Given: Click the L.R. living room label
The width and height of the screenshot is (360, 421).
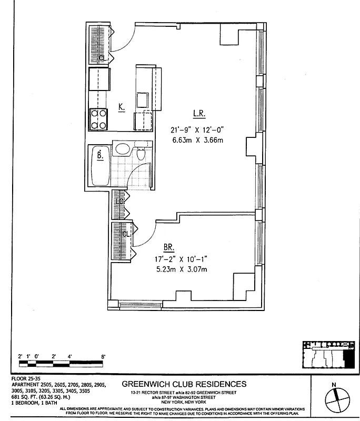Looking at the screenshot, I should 198,113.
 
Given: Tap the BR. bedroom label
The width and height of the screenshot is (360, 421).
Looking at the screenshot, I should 169,246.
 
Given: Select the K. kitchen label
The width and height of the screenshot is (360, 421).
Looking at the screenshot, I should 122,107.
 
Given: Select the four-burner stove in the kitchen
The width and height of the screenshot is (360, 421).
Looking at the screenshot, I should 98,118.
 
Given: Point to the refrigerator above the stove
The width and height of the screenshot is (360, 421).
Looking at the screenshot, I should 99,79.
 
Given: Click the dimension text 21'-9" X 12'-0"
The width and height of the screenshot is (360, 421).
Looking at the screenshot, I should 198,129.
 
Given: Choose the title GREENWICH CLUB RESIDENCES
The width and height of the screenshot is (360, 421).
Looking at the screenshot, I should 184,384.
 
